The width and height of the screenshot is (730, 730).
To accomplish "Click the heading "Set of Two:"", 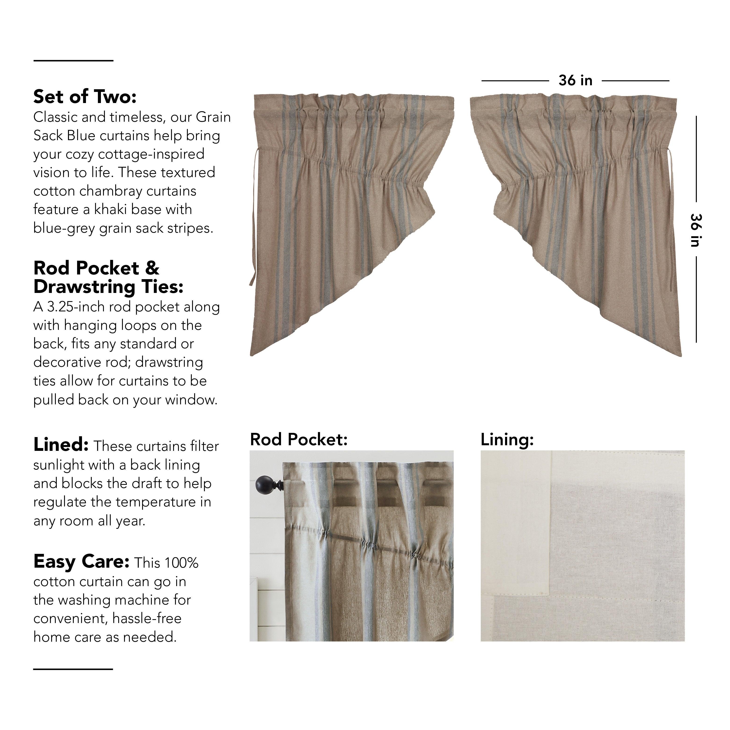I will [85, 97].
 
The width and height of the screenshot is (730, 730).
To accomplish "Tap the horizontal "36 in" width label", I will [575, 81].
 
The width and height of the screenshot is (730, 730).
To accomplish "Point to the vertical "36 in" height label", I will [696, 230].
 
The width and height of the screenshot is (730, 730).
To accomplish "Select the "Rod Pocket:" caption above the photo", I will [299, 439].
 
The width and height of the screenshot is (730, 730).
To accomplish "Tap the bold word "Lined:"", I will [61, 445].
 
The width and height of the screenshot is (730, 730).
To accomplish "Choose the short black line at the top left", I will [73, 61].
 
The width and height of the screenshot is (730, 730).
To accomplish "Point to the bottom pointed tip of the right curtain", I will [681, 355].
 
